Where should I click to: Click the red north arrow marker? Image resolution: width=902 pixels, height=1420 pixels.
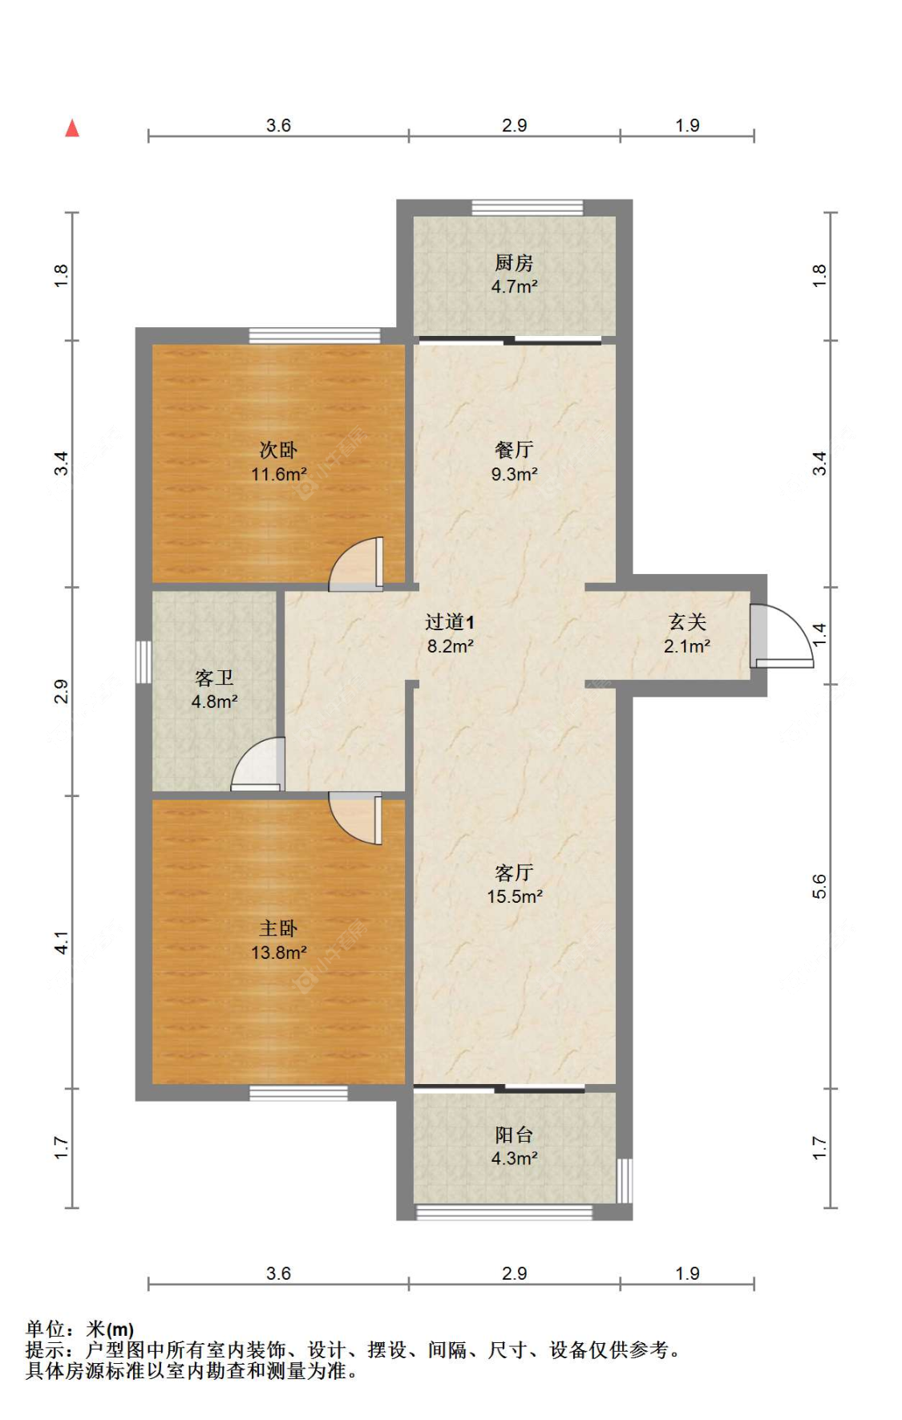(x=72, y=127)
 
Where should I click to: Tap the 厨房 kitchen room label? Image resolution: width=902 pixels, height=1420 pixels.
(x=514, y=262)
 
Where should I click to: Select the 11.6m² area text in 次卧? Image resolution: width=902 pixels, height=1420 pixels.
(x=279, y=474)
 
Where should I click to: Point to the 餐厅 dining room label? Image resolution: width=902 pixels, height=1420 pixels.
(x=514, y=450)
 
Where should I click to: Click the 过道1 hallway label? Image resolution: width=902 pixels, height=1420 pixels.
(x=450, y=621)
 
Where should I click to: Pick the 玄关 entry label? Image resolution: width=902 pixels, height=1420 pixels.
(x=687, y=621)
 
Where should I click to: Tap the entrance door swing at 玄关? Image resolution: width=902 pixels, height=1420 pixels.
(x=782, y=636)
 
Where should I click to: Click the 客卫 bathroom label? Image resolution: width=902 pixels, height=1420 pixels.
(x=214, y=678)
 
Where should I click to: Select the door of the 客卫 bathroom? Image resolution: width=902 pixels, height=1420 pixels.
(x=258, y=763)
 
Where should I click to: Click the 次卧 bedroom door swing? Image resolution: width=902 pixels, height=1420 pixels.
(x=356, y=564)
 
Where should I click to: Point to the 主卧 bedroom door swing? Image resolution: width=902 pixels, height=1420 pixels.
(x=355, y=818)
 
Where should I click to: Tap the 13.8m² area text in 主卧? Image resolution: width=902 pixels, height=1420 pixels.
(x=279, y=953)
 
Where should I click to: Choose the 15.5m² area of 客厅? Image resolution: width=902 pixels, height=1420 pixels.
(x=515, y=896)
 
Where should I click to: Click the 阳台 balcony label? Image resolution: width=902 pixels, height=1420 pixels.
(x=514, y=1135)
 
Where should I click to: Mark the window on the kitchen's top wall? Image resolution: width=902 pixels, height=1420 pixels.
(x=527, y=208)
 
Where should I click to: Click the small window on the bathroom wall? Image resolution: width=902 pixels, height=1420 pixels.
(x=144, y=661)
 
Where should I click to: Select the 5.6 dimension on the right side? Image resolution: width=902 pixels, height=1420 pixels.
(x=819, y=886)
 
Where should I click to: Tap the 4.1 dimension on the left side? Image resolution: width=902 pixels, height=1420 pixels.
(x=62, y=942)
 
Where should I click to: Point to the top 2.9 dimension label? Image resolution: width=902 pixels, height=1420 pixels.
(x=514, y=125)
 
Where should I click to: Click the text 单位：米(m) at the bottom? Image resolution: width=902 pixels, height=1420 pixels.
(x=80, y=1329)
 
